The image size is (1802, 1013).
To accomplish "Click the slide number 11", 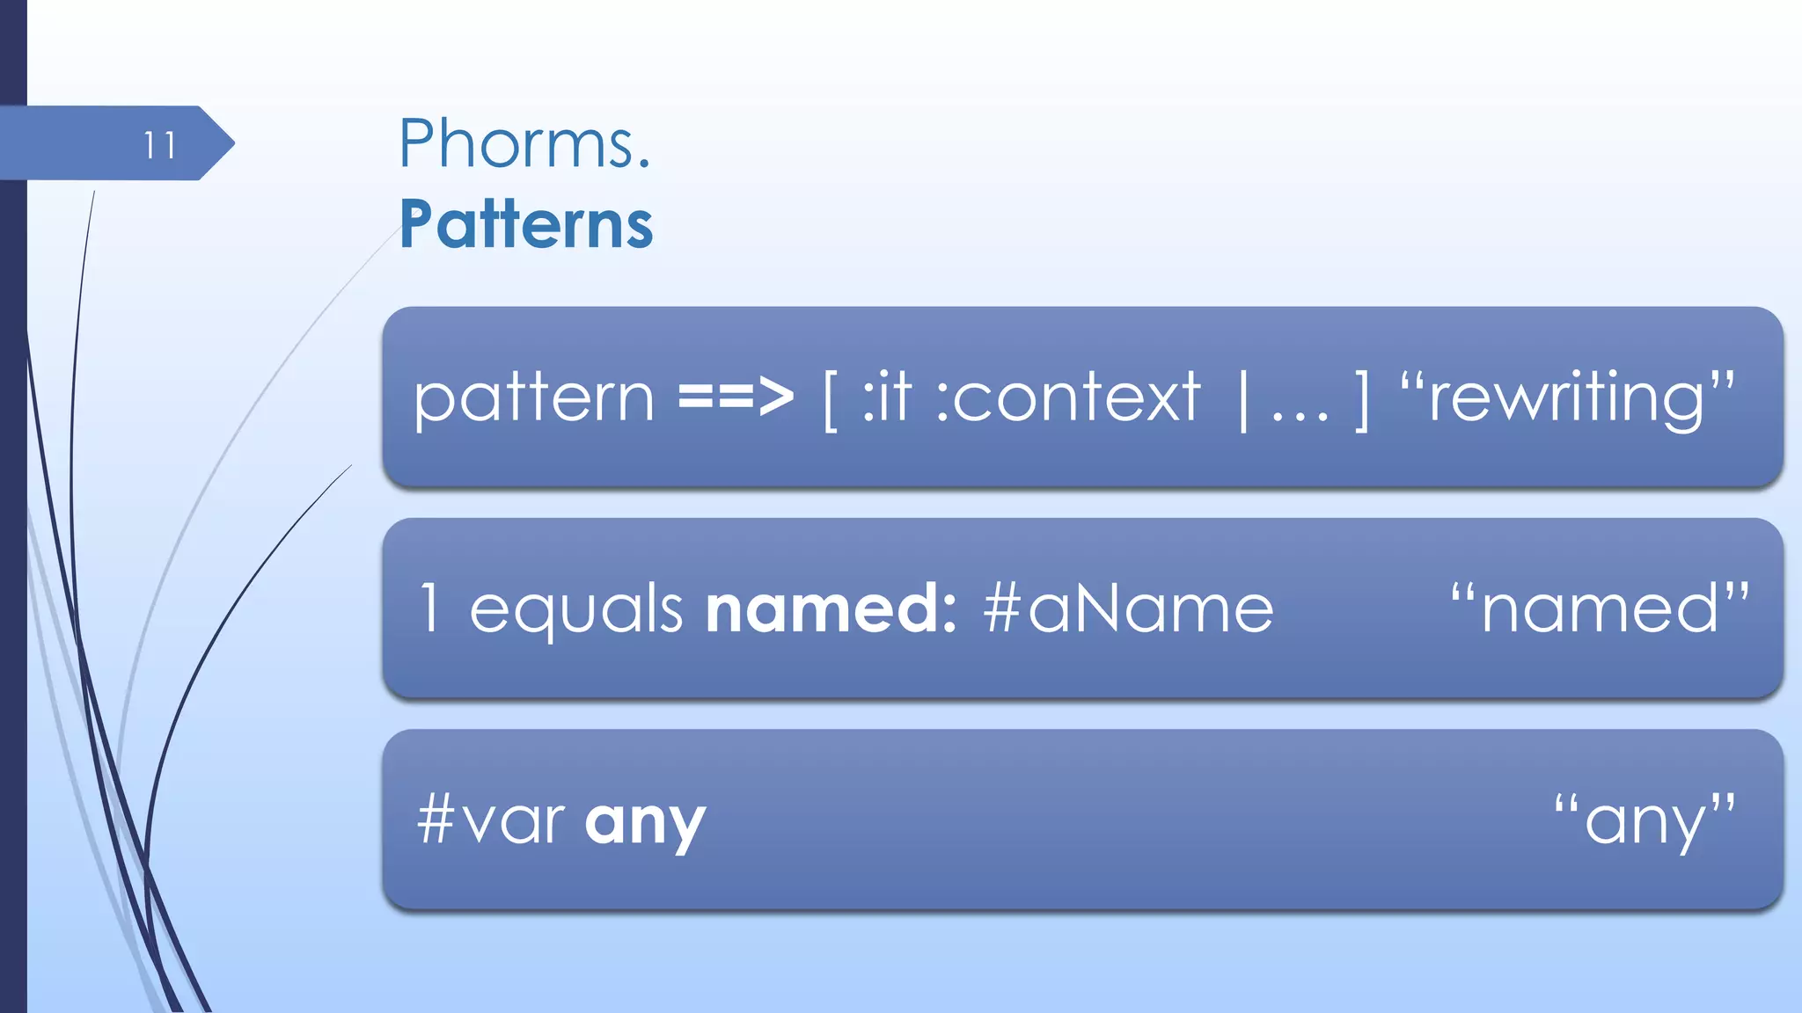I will coord(159,145).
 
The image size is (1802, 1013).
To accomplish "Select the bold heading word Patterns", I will coord(526,224).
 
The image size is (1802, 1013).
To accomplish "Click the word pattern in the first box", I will coord(534,398).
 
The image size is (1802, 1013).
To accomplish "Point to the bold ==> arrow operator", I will coord(736,397).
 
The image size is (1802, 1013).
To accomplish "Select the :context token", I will coord(1067,397).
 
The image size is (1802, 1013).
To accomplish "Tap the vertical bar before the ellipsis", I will coord(1243,400).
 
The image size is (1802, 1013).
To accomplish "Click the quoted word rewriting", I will coord(1567,397).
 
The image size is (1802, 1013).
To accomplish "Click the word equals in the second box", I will coord(575,609).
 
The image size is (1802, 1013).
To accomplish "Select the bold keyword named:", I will coord(831,608).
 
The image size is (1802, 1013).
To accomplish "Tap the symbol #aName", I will coord(1128,608).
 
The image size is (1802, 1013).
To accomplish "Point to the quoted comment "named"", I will coord(1599,608).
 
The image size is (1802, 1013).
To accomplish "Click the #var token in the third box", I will coord(490,819).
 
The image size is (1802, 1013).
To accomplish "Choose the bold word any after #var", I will coord(645,822).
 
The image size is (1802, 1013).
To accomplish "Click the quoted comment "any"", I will coord(1645,820).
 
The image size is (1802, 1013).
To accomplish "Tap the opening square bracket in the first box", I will coord(830,400).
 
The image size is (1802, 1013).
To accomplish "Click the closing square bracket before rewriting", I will coord(1362,400).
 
